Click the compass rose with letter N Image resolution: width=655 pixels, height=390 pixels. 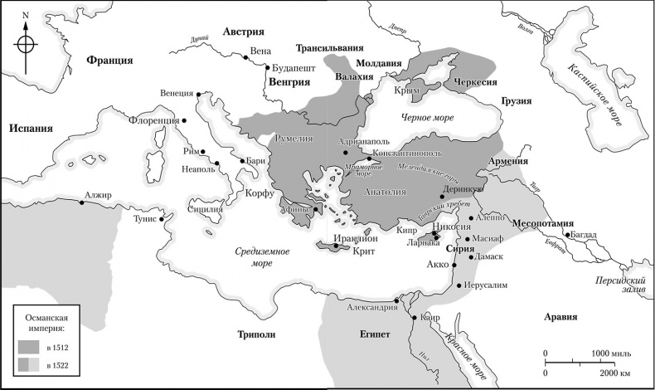click(27, 44)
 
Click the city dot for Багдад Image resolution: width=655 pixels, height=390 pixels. click(567, 235)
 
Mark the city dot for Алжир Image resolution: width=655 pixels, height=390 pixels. click(81, 203)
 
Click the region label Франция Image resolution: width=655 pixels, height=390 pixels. click(109, 61)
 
